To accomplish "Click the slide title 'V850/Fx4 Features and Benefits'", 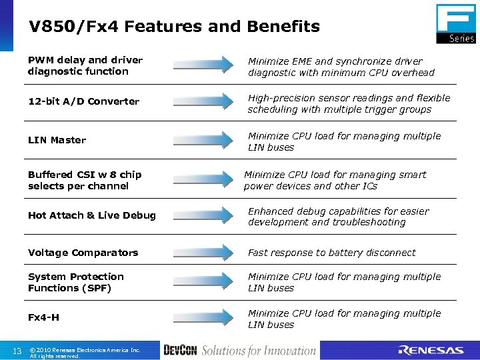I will click(x=174, y=27).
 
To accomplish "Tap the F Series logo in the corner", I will click(x=455, y=23).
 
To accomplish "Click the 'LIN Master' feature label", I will click(x=57, y=140).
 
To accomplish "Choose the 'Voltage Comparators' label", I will click(x=83, y=253).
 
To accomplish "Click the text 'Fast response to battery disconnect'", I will click(x=331, y=253).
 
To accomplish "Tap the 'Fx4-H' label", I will click(x=43, y=317).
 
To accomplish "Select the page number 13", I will click(x=17, y=351).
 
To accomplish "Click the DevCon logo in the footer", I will click(x=179, y=351).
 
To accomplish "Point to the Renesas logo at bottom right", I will click(x=431, y=351).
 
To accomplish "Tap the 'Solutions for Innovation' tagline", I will click(x=259, y=351).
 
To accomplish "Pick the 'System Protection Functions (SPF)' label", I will click(x=75, y=282).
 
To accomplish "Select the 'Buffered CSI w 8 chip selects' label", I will click(x=84, y=180).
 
